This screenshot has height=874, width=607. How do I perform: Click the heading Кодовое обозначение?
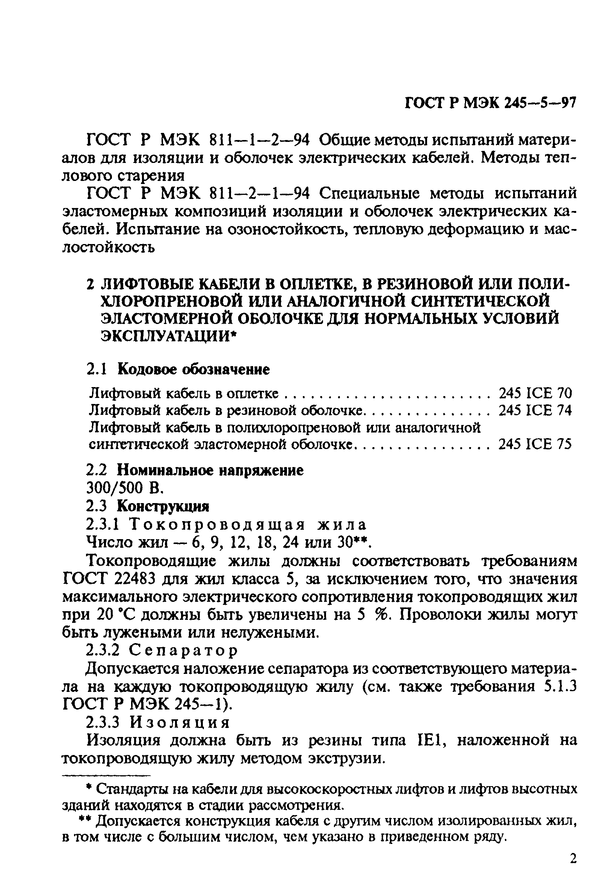click(x=193, y=369)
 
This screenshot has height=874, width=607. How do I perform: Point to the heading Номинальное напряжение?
click(x=210, y=471)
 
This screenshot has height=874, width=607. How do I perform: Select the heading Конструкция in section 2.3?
click(x=163, y=506)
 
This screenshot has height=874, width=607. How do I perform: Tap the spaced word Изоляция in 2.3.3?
click(x=180, y=722)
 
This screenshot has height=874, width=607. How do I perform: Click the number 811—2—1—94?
click(x=259, y=194)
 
